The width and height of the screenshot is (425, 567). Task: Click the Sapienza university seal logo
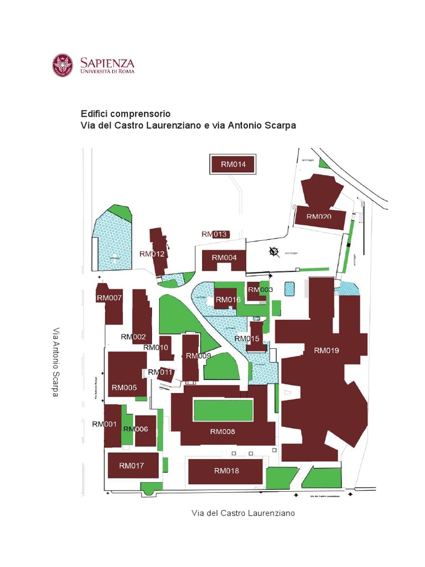[63, 65]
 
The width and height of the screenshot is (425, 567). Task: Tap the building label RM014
[237, 164]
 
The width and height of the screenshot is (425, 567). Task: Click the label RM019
[326, 350]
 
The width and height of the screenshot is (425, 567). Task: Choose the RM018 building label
[226, 471]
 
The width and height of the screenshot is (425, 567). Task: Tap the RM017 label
[131, 466]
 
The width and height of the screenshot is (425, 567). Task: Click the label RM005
[124, 388]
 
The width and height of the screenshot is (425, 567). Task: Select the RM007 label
[109, 297]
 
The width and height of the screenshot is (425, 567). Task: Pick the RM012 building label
[152, 254]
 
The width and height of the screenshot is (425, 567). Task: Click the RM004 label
[224, 257]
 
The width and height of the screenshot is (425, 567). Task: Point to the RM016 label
[228, 300]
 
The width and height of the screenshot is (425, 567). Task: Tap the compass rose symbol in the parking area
[273, 252]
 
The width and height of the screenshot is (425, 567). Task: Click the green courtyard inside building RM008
[223, 410]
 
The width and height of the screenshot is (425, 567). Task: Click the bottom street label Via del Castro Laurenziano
[243, 513]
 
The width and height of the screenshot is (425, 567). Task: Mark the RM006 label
[136, 429]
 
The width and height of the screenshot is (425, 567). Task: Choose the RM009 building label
[198, 355]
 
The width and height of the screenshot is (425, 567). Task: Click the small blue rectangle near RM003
[289, 288]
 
